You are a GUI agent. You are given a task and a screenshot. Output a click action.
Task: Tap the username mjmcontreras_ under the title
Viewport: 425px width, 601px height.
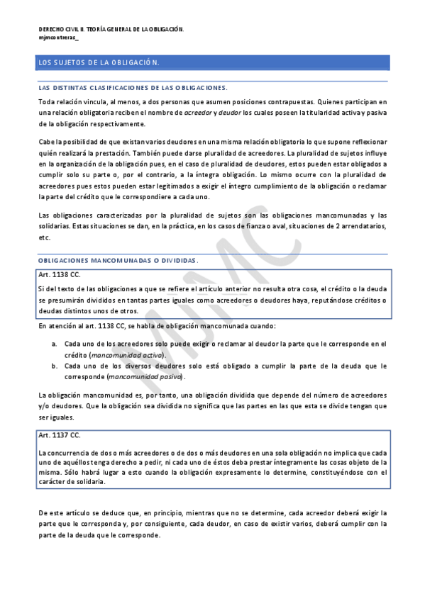[59, 37]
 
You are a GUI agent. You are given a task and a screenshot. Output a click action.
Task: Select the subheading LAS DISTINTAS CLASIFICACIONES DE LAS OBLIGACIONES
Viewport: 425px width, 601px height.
[133, 89]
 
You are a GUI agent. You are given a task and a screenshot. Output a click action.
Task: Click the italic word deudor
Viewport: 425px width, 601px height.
[229, 113]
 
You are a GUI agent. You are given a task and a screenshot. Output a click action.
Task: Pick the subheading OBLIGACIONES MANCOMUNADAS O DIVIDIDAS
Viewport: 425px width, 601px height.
[118, 261]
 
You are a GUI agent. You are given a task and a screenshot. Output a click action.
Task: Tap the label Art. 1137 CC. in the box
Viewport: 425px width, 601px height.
[60, 435]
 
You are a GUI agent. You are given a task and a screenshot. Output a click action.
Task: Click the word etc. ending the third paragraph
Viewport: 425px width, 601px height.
[45, 238]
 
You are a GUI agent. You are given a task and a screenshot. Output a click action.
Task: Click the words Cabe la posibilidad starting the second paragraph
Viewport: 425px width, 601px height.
[71, 142]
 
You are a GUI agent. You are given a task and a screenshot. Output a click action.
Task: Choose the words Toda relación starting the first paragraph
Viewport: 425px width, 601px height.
[61, 101]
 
